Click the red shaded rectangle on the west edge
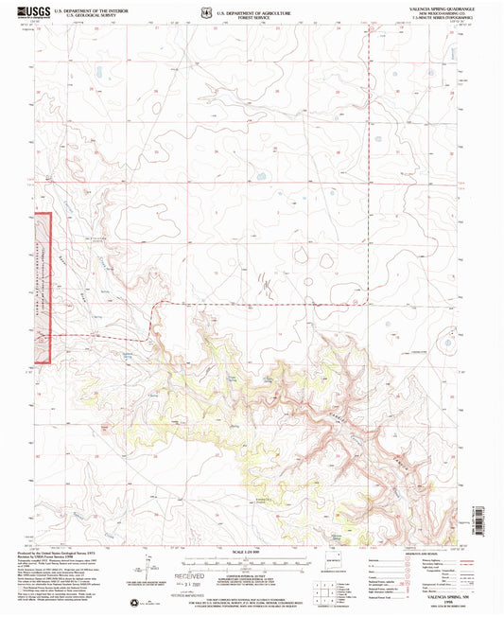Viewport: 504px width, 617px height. (x=43, y=288)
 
